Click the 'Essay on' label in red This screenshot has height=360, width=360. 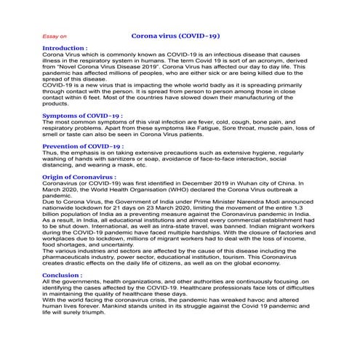(x=55, y=36)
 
